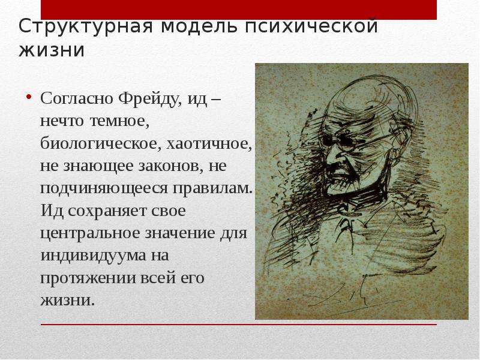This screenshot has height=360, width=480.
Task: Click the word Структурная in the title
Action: tap(86, 26)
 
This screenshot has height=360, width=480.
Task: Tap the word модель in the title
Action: tap(199, 26)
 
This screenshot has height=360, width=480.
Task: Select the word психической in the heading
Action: tap(311, 26)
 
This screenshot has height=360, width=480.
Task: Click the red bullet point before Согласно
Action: tap(29, 97)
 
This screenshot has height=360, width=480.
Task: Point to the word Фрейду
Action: tap(151, 99)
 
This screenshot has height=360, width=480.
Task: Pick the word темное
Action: tap(119, 121)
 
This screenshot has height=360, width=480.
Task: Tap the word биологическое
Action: tap(100, 143)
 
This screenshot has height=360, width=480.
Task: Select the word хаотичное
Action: tap(209, 144)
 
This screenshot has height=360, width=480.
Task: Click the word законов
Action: tap(171, 167)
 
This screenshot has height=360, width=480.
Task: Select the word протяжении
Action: tap(87, 278)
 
